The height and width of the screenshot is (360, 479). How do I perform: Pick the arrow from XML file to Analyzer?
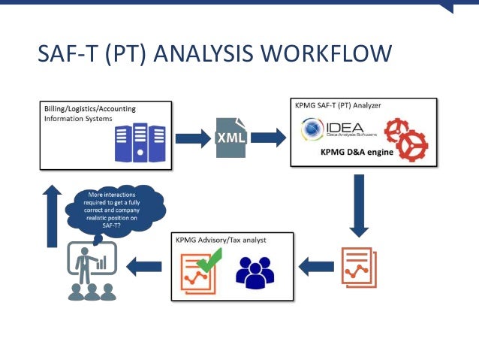pyautogui.click(x=270, y=137)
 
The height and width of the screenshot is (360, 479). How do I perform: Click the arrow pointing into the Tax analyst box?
pyautogui.click(x=316, y=265)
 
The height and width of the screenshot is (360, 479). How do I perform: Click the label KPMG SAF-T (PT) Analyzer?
pyautogui.click(x=338, y=105)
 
